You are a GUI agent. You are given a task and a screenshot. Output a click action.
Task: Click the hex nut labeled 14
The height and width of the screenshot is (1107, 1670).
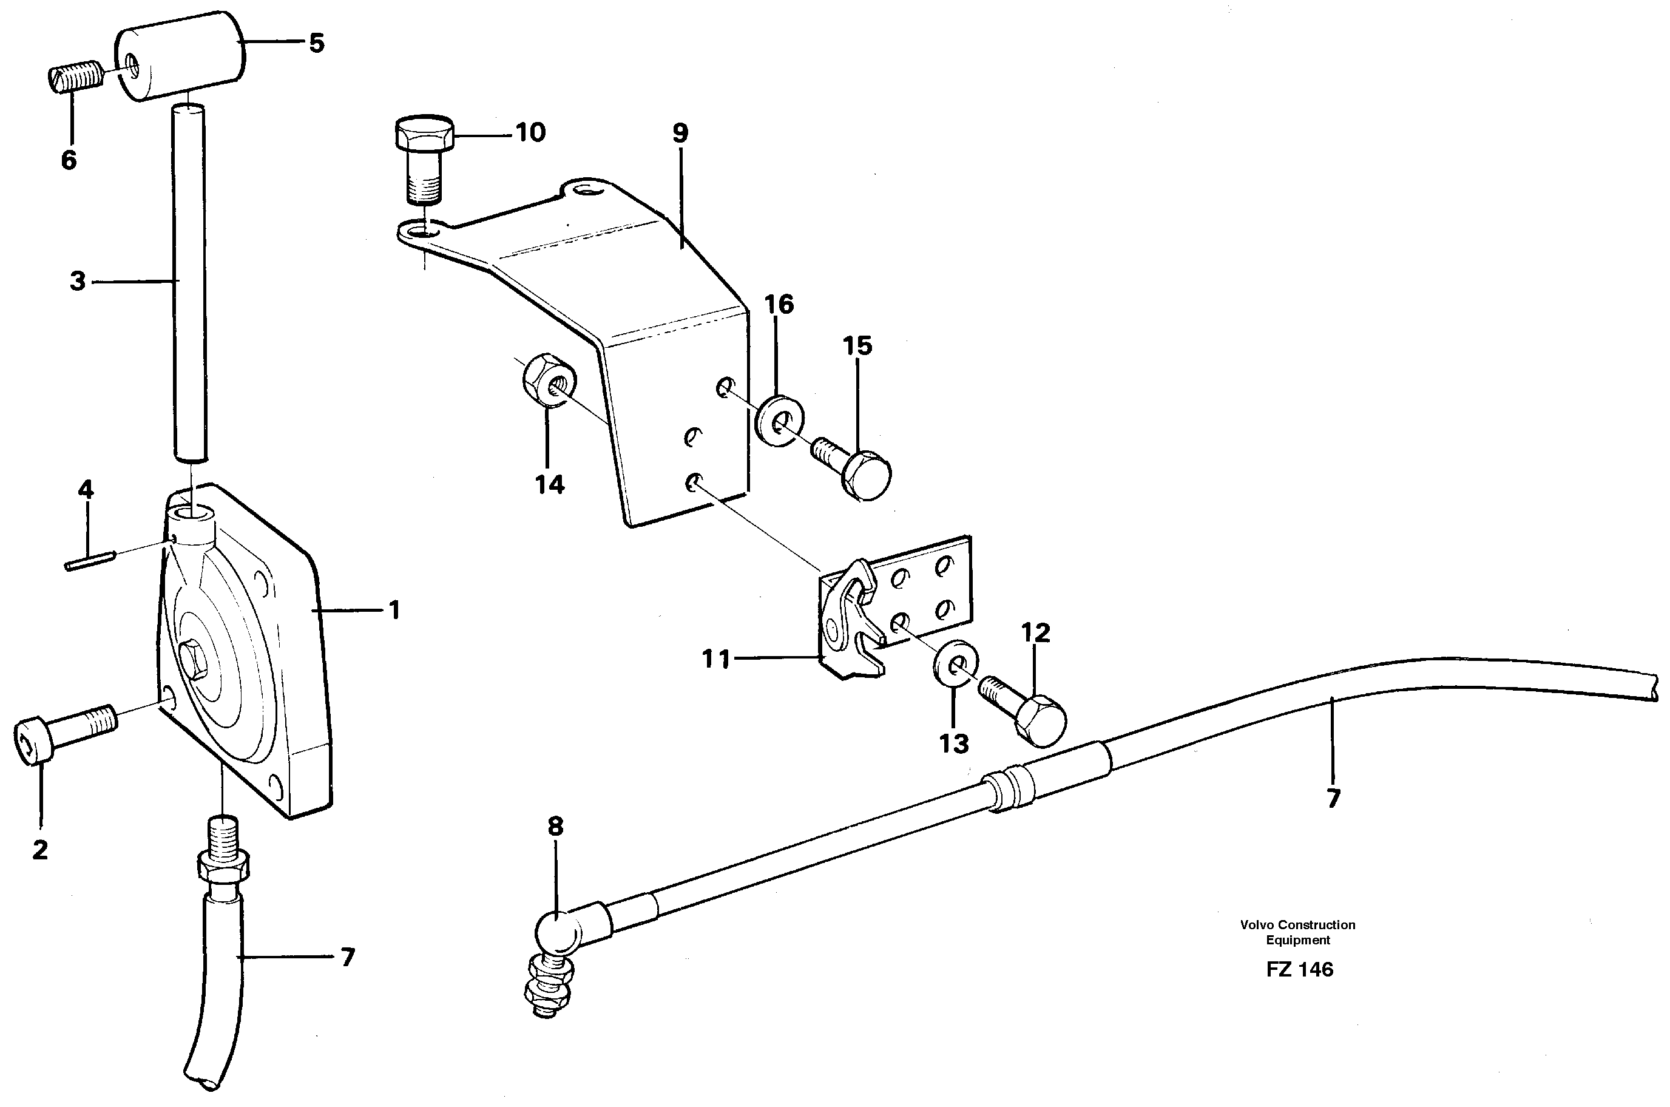point(549,381)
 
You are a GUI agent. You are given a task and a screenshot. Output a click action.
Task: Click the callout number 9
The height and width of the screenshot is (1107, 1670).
point(680,133)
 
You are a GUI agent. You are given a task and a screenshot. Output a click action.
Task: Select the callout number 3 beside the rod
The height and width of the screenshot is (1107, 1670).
point(78,281)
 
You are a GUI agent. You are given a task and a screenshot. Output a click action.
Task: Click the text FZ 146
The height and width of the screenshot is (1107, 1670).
point(1299,969)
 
